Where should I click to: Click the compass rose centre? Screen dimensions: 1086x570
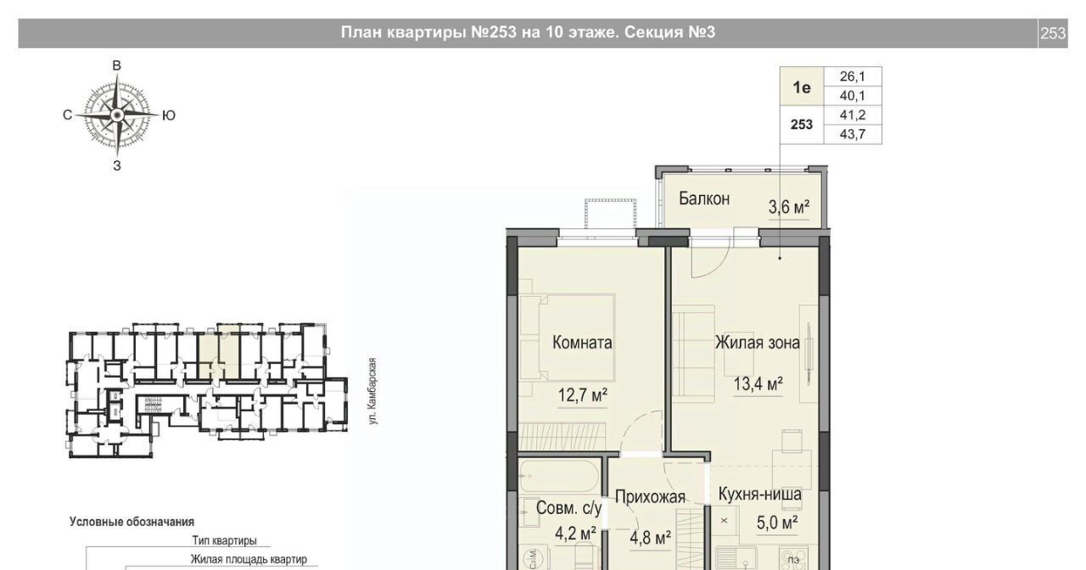pyautogui.click(x=116, y=115)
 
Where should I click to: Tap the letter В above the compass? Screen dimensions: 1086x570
pyautogui.click(x=117, y=65)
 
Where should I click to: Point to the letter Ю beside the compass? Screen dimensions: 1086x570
pyautogui.click(x=168, y=115)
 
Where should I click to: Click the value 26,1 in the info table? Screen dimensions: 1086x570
pyautogui.click(x=853, y=76)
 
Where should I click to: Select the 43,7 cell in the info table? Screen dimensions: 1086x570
pyautogui.click(x=853, y=134)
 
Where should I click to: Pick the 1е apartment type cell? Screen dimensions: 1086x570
pyautogui.click(x=802, y=87)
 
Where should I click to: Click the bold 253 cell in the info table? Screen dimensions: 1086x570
pyautogui.click(x=802, y=125)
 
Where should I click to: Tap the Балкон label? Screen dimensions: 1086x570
pyautogui.click(x=704, y=198)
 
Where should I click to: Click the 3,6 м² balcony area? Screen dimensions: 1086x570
pyautogui.click(x=789, y=208)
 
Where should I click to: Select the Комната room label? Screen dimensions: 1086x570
pyautogui.click(x=582, y=343)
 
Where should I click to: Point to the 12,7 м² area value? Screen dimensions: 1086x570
pyautogui.click(x=582, y=395)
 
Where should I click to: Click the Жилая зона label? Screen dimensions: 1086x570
pyautogui.click(x=758, y=343)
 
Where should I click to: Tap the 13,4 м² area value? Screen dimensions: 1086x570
pyautogui.click(x=759, y=384)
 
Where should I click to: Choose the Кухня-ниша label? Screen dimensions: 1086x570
pyautogui.click(x=759, y=495)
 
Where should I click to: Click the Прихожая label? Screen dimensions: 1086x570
pyautogui.click(x=650, y=497)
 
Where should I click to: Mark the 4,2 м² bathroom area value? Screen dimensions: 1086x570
pyautogui.click(x=575, y=534)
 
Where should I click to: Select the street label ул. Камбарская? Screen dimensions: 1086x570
pyautogui.click(x=372, y=391)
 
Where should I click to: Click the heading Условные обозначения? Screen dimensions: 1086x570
pyautogui.click(x=132, y=522)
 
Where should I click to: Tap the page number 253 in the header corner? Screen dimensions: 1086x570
pyautogui.click(x=1053, y=33)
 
